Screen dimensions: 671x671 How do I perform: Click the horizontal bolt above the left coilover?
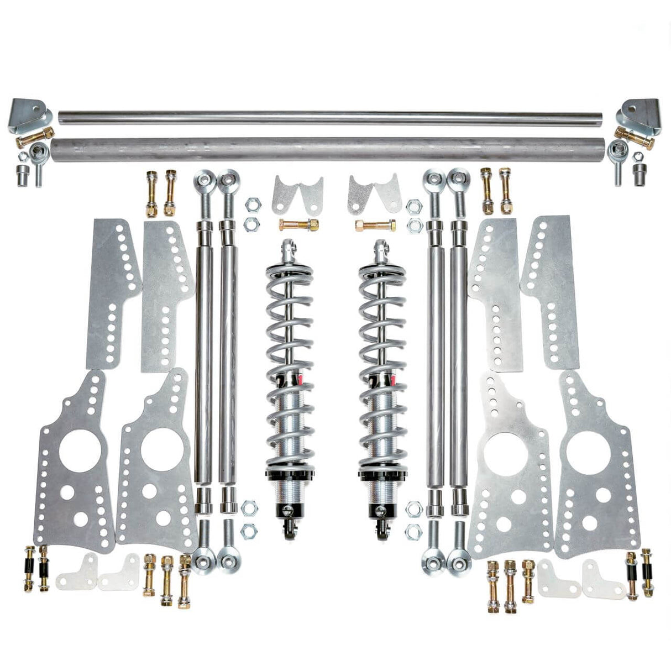point(299,226)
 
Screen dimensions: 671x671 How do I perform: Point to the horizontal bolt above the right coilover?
point(375,226)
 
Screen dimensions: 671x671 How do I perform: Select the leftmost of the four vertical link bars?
point(203,354)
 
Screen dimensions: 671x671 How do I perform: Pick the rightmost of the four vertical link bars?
point(458,354)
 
